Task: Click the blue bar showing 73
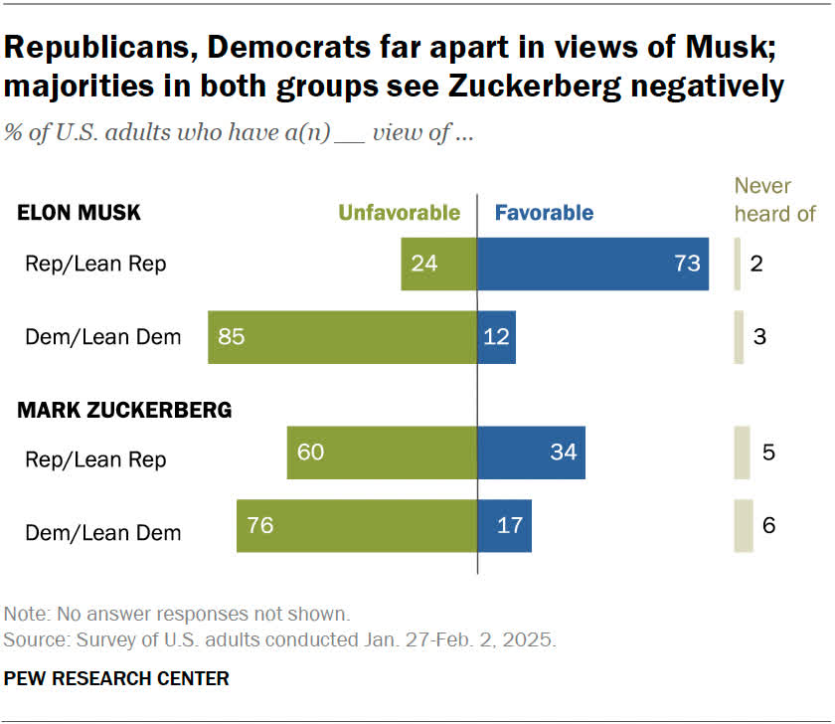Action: (x=592, y=264)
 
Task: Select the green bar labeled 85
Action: (x=342, y=336)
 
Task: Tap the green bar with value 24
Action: (x=438, y=264)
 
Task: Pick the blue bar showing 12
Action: (x=497, y=336)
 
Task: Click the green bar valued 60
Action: (x=382, y=452)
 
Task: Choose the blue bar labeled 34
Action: (x=531, y=452)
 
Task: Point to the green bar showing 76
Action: (x=357, y=525)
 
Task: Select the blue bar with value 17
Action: (x=505, y=525)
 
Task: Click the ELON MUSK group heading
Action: (x=80, y=212)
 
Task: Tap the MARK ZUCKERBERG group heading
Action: (x=125, y=410)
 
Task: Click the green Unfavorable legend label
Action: (x=400, y=212)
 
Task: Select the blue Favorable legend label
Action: (x=544, y=212)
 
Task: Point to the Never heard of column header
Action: (x=774, y=199)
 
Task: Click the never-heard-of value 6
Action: (x=768, y=525)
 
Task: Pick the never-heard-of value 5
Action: (x=768, y=452)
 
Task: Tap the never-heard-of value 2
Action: (x=757, y=264)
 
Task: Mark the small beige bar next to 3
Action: (x=739, y=336)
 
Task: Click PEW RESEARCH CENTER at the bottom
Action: (x=117, y=679)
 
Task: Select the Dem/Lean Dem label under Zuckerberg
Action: (x=103, y=532)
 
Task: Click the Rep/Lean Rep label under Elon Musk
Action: (x=95, y=264)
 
